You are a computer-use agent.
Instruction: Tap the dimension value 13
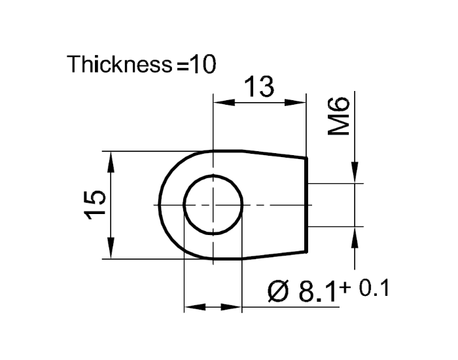260,87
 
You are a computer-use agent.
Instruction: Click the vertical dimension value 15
96,206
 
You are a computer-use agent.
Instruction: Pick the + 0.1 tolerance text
365,289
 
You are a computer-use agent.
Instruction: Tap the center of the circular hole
213,205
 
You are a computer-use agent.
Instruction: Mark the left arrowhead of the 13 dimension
221,102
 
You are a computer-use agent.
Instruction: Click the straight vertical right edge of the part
307,204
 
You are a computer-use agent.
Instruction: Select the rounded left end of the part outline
160,205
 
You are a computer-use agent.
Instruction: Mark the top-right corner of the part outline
307,157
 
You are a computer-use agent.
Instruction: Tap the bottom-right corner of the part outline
307,252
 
